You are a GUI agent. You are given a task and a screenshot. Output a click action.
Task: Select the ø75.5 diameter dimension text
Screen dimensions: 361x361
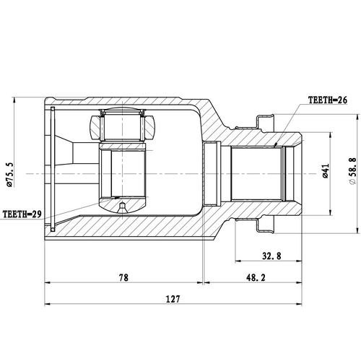coord(9,174)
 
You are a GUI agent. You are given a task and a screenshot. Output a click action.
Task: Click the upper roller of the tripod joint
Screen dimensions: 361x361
coord(123,126)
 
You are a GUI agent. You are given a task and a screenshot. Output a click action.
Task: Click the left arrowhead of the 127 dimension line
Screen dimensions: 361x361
coord(48,304)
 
